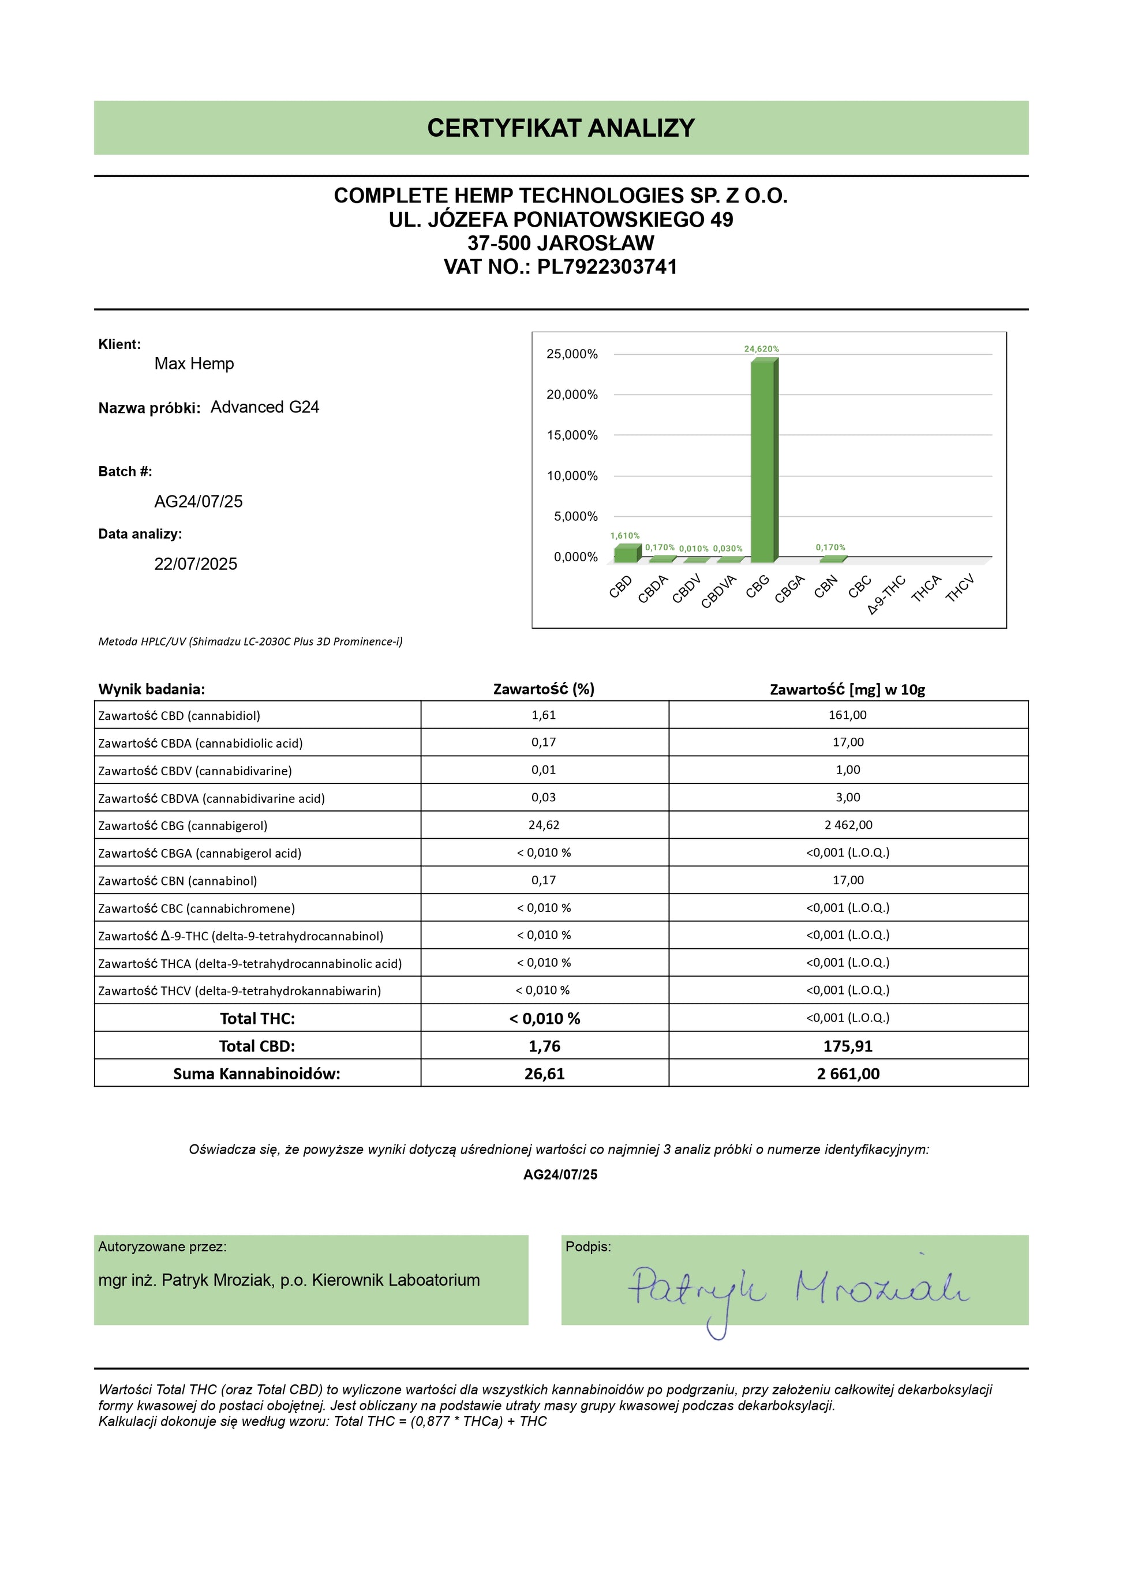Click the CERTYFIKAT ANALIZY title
click(x=560, y=128)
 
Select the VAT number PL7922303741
click(x=607, y=267)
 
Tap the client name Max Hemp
click(x=194, y=364)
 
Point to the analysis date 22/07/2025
click(x=195, y=564)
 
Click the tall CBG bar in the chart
click(x=763, y=460)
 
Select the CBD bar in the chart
click(x=626, y=553)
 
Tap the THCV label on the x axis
click(x=960, y=588)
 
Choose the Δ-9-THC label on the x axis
click(x=886, y=594)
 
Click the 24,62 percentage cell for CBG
click(x=544, y=825)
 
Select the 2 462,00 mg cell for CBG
click(x=848, y=825)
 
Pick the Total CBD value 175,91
click(x=848, y=1046)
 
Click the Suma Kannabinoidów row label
click(x=257, y=1074)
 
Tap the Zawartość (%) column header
click(x=544, y=689)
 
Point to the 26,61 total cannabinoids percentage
click(x=545, y=1074)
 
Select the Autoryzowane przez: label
click(x=163, y=1247)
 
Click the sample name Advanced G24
click(x=264, y=407)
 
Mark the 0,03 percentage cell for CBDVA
click(x=544, y=797)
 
